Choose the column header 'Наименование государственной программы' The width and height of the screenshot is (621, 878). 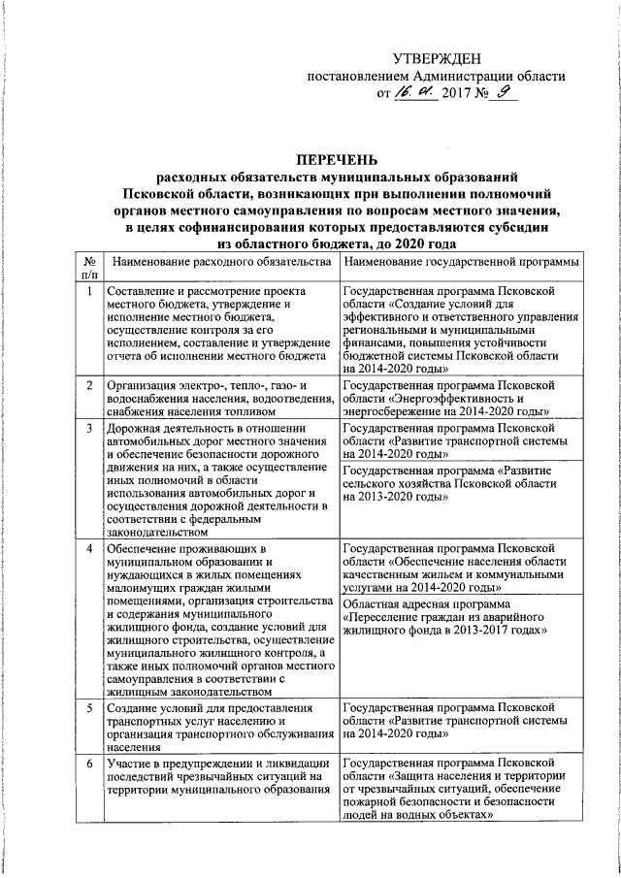click(461, 263)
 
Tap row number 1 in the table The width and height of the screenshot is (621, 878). click(88, 291)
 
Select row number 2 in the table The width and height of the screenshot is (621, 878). click(88, 385)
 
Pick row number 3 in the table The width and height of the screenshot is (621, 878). click(88, 428)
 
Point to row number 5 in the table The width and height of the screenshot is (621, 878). click(88, 709)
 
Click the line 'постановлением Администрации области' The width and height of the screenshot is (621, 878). click(436, 77)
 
